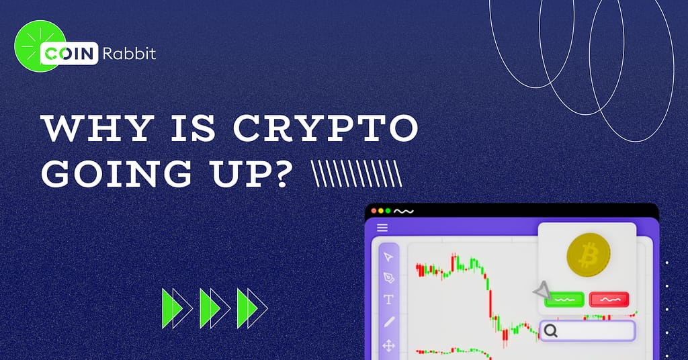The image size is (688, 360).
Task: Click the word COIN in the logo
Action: tap(70, 54)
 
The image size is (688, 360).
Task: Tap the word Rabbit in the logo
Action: tap(129, 54)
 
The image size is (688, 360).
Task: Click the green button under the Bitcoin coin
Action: tap(564, 300)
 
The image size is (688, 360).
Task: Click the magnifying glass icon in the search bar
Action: tap(551, 330)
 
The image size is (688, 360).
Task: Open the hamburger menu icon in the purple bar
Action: tap(382, 228)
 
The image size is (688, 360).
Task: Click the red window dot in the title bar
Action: tap(374, 211)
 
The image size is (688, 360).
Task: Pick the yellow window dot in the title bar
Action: tap(381, 211)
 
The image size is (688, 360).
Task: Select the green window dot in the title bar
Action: tap(388, 211)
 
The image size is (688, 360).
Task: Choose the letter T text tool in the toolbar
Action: tap(388, 300)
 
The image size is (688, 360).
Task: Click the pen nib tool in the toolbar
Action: tap(388, 277)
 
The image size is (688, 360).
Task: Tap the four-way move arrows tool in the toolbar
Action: tap(388, 346)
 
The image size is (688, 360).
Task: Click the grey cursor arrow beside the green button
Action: tap(541, 291)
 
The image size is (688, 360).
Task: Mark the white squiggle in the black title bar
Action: tap(404, 211)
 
